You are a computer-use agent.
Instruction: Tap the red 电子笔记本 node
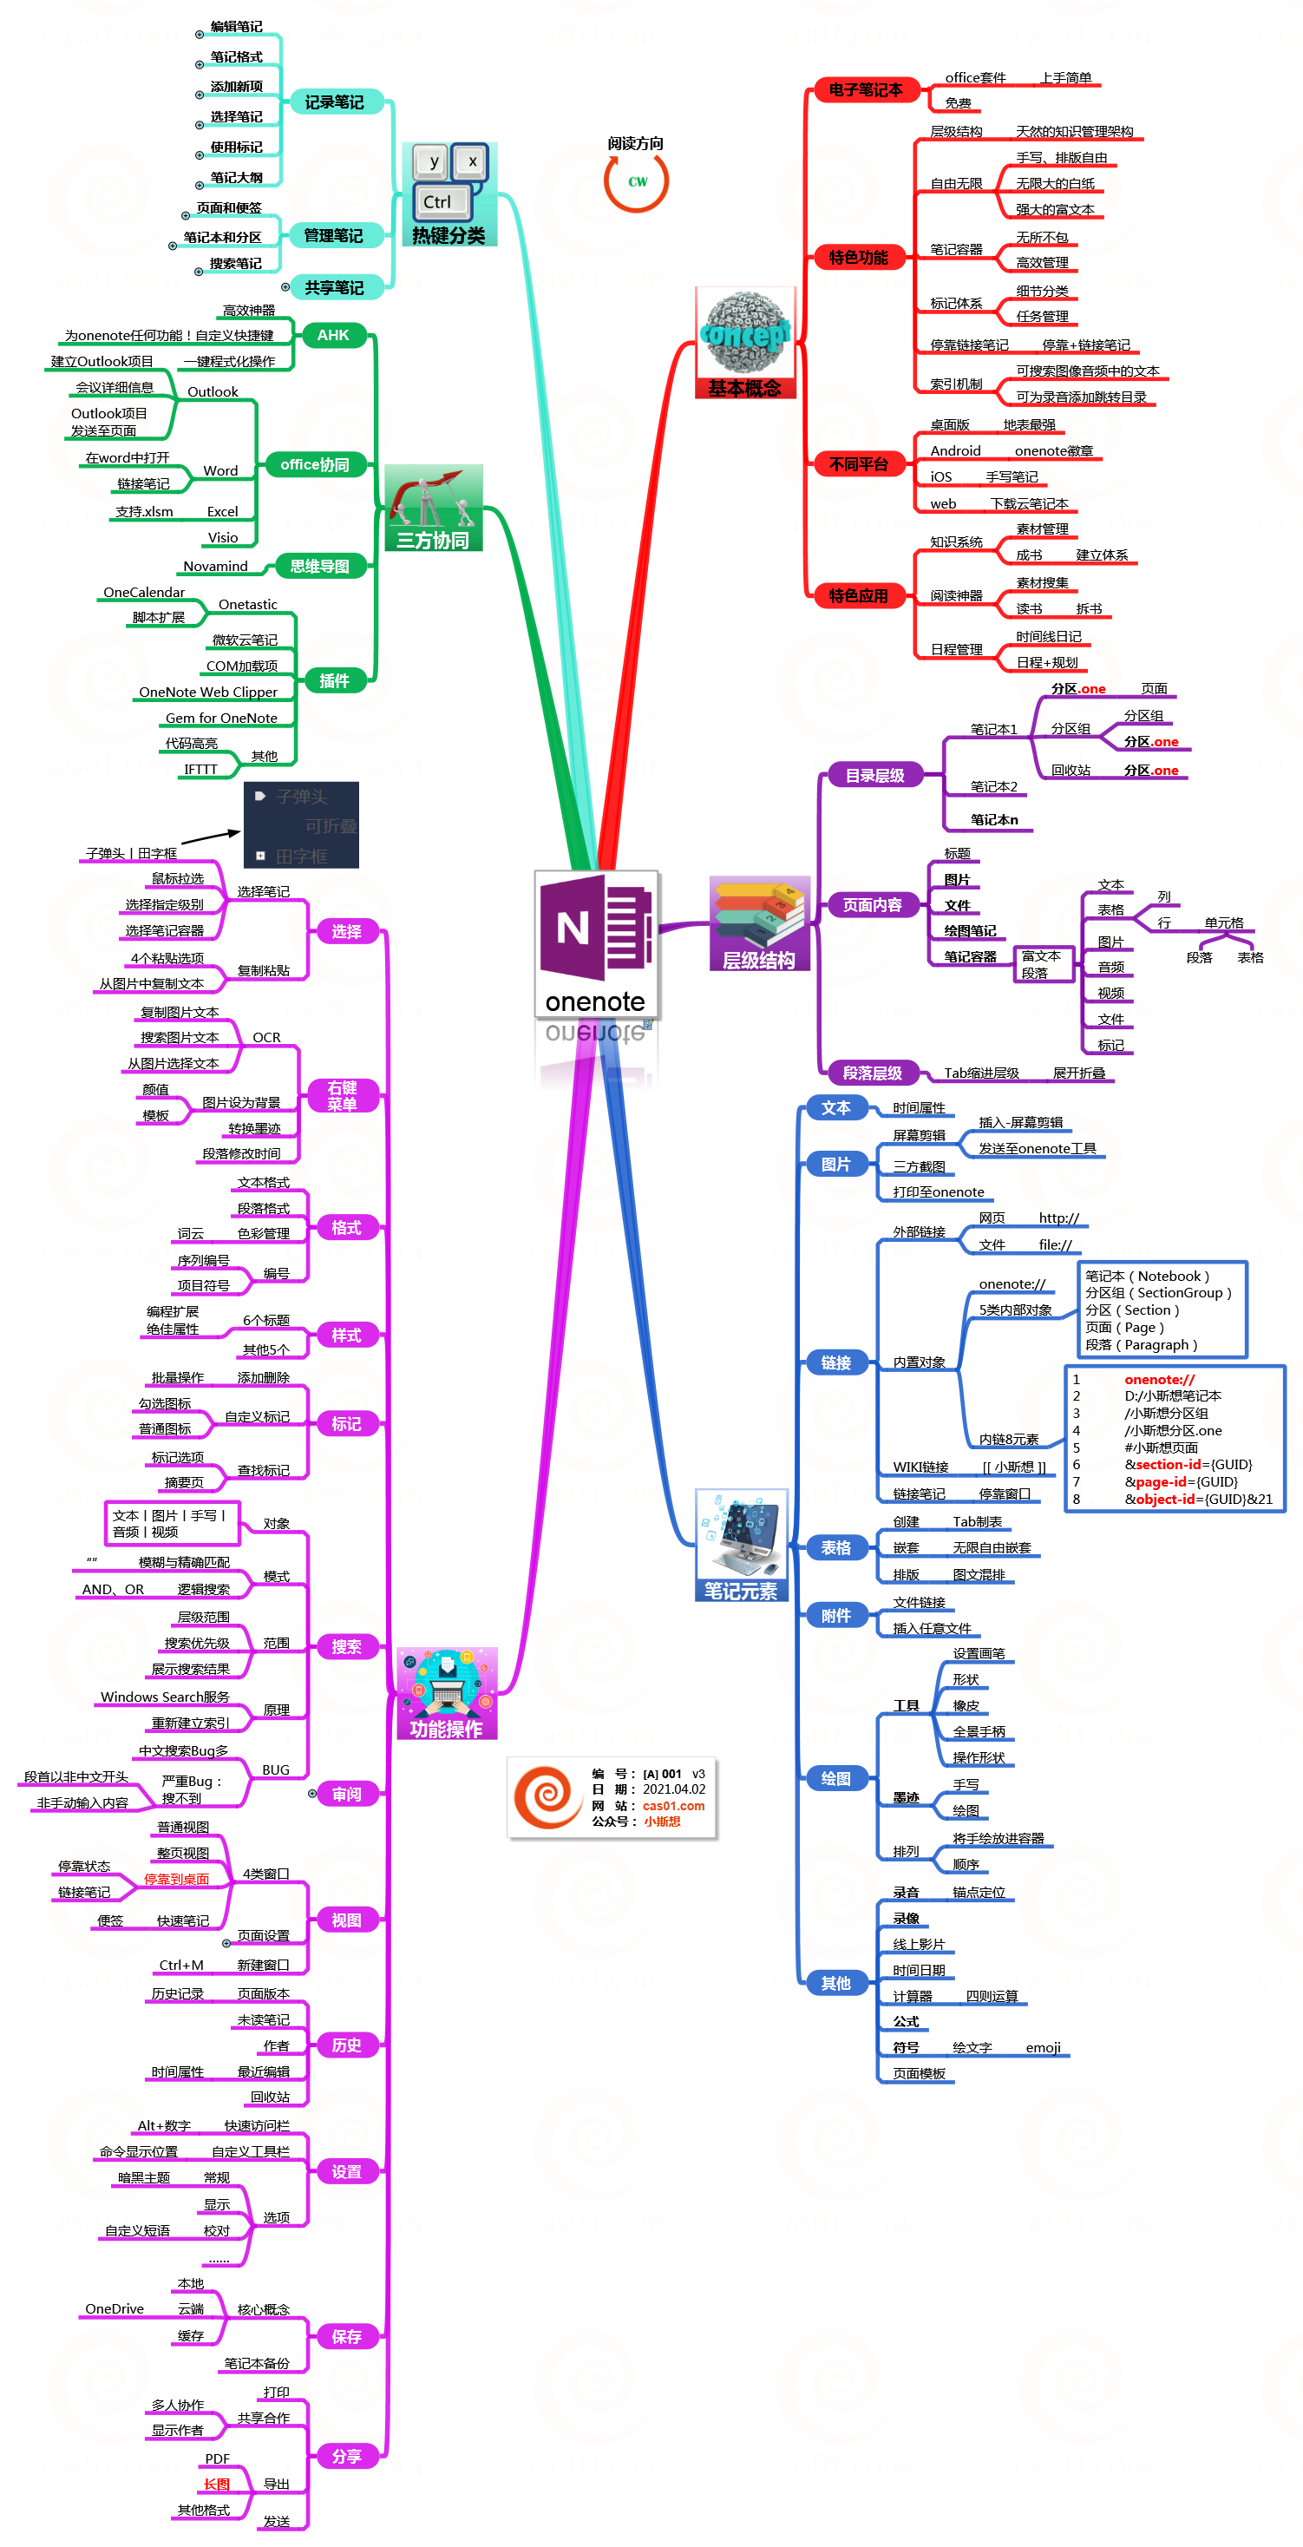click(x=865, y=90)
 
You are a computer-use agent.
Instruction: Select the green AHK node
click(x=333, y=335)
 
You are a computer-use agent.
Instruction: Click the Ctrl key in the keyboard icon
click(x=437, y=201)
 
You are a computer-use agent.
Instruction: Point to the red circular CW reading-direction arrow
click(x=637, y=181)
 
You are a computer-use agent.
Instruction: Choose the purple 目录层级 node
click(x=874, y=775)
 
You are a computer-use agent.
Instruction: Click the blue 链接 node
click(x=835, y=1362)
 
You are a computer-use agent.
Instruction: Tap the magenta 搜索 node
click(x=346, y=1646)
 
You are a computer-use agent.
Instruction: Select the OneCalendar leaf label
click(x=144, y=592)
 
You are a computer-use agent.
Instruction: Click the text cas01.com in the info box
click(x=673, y=1805)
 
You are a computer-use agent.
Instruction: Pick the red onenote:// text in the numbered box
click(x=1159, y=1379)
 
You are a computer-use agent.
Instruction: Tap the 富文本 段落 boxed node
click(x=1041, y=964)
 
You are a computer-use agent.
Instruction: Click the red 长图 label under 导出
click(x=217, y=2484)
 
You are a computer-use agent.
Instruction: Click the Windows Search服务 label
click(x=165, y=1697)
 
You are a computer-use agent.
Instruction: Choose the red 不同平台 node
click(x=858, y=463)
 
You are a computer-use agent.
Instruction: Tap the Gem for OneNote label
click(x=221, y=718)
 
